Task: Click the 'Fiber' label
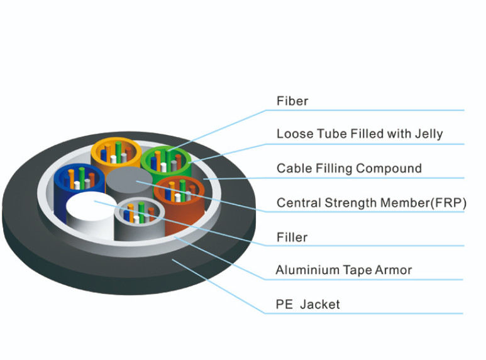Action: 292,101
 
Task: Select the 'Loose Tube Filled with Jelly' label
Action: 360,134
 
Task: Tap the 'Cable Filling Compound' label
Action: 349,168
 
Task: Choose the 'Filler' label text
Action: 292,237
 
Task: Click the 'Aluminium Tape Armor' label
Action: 344,270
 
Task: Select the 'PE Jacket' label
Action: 308,305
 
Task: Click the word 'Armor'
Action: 394,270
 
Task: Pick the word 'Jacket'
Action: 320,305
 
